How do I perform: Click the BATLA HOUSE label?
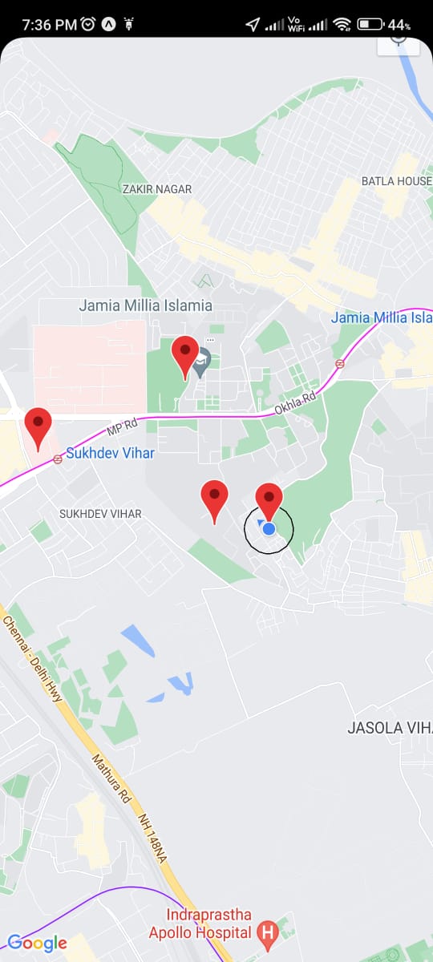(396, 181)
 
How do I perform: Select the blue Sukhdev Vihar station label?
(110, 453)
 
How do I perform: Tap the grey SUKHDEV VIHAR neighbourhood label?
(100, 513)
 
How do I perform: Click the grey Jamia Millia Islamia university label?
(145, 305)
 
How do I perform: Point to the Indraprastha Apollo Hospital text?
(208, 924)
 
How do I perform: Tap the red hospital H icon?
(267, 932)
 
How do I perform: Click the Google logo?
(37, 943)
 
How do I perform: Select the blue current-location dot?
(269, 528)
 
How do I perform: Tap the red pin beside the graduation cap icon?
(185, 353)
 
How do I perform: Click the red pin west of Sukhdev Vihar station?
(38, 424)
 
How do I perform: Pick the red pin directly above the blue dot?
(269, 499)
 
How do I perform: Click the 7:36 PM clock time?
(50, 25)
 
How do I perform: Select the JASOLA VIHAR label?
(390, 728)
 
